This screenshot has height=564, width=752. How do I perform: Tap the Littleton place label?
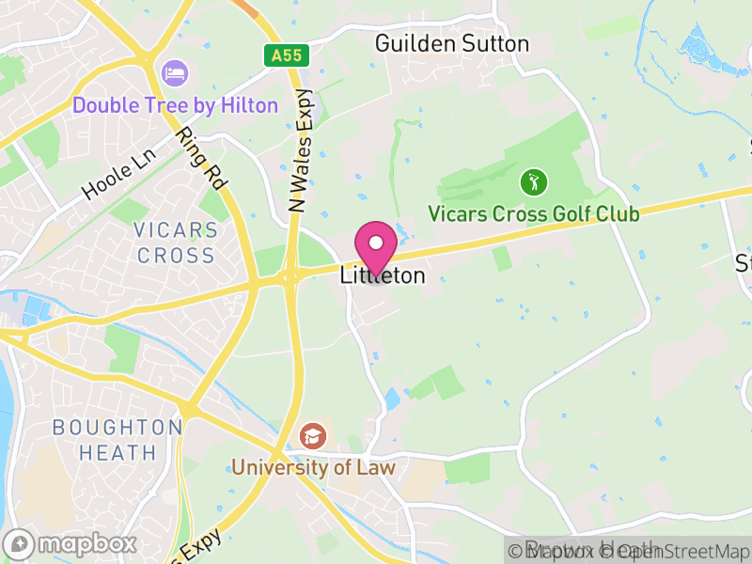(383, 276)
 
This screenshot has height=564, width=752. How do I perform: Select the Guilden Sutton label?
(451, 43)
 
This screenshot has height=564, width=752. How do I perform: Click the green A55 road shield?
(286, 55)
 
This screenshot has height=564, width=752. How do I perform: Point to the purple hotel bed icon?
(174, 72)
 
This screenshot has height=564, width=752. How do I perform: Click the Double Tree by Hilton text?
(176, 104)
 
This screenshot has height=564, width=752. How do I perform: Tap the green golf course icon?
(533, 180)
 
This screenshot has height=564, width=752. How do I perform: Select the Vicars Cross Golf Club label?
(534, 214)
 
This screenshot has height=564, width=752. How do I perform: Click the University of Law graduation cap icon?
(311, 436)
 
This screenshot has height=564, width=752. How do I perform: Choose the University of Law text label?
(313, 467)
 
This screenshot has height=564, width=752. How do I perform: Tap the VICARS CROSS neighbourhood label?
(176, 243)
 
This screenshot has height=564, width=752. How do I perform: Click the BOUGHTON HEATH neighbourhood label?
(117, 440)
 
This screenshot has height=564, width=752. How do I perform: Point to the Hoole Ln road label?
(117, 176)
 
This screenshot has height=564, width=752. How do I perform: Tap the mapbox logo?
(70, 543)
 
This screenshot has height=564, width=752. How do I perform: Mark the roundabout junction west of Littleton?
(290, 277)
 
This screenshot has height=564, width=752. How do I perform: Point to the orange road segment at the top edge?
(246, 8)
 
